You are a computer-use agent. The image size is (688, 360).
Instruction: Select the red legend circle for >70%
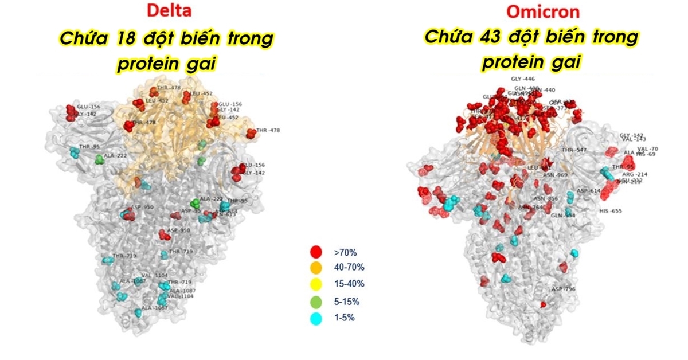coord(315,252)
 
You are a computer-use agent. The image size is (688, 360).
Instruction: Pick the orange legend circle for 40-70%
coord(315,268)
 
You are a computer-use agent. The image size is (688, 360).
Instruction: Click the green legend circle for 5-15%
coord(315,301)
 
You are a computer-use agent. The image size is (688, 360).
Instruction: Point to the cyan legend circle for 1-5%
coord(315,317)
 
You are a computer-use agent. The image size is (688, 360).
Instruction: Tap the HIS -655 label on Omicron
coord(610,211)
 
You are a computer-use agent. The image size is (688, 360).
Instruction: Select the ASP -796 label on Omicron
coord(563,289)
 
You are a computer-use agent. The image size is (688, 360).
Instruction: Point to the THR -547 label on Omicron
coord(574,150)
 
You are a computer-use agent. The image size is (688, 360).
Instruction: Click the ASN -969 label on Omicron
coord(555,175)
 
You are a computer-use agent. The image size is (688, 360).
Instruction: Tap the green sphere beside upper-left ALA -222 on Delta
coord(99,158)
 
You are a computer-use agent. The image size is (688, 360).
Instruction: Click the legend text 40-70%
coord(349,268)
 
